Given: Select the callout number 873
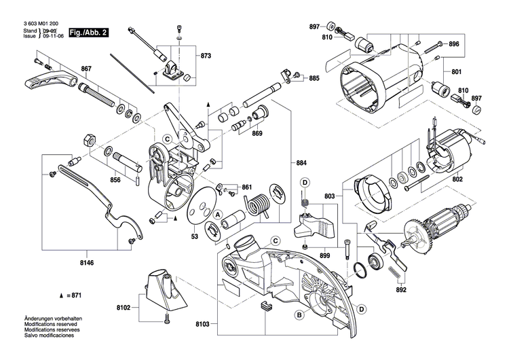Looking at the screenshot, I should click(x=206, y=55).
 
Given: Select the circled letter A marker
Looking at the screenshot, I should click(x=219, y=214).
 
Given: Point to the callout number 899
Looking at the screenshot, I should click(x=324, y=255).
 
